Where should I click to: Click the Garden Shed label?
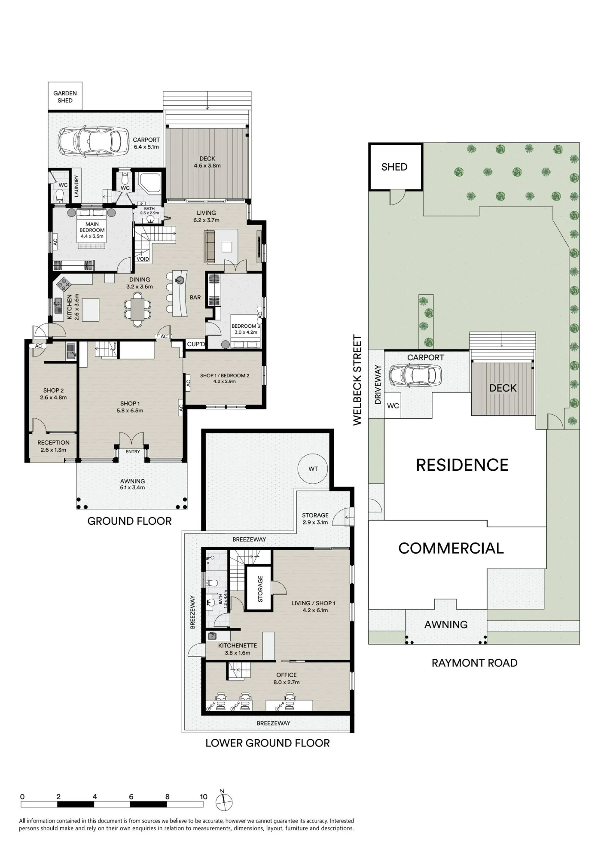tap(65, 97)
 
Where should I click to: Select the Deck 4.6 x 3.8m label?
tap(207, 162)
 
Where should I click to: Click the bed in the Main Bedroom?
tap(92, 228)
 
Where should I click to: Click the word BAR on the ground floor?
tap(195, 297)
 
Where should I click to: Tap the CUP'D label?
tap(196, 344)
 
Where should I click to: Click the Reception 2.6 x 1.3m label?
tap(53, 446)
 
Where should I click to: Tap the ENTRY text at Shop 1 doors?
tap(133, 451)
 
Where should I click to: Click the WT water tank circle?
tap(313, 469)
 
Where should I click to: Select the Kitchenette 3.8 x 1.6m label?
tap(238, 649)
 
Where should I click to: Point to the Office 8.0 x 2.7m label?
tap(287, 678)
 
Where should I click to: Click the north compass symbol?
tap(224, 801)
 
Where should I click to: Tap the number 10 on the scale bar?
tap(204, 797)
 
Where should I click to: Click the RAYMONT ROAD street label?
tap(474, 663)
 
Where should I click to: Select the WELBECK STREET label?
tap(358, 380)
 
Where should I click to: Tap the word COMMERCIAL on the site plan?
tap(451, 548)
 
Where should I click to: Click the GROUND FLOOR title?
tap(129, 521)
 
